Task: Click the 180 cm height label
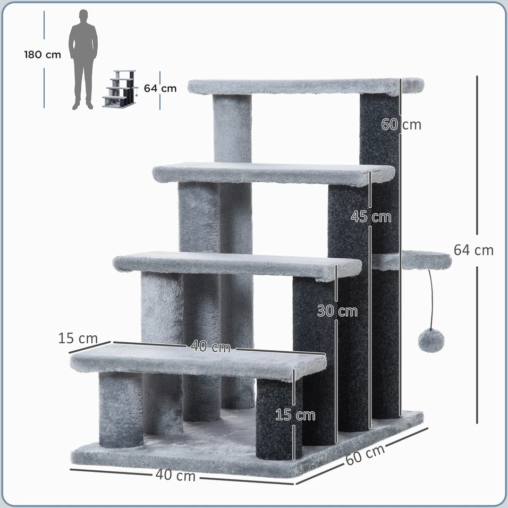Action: (43, 55)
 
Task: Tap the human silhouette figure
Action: (83, 60)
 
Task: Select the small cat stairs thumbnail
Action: (120, 89)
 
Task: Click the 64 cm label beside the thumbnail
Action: (160, 88)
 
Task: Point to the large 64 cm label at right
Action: (473, 250)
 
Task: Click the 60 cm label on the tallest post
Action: (401, 124)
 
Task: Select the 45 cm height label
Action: (371, 217)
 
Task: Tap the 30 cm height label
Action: (337, 311)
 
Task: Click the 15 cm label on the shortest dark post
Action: (295, 415)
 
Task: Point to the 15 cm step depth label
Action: (78, 338)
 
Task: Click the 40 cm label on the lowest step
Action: (210, 346)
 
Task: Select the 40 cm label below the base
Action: (175, 475)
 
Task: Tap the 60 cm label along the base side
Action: (365, 454)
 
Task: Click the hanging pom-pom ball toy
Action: (431, 341)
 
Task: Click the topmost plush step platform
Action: (306, 87)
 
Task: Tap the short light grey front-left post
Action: (121, 410)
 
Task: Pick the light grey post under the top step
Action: (232, 128)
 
